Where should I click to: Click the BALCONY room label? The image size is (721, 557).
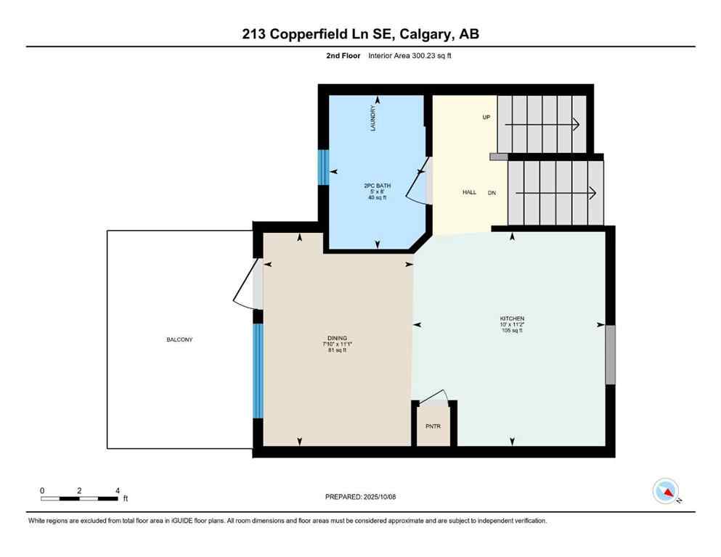coord(179,339)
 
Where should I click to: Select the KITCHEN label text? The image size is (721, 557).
coord(511,319)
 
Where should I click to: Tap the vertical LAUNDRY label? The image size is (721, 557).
coord(373,119)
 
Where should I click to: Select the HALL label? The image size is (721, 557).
coord(469,192)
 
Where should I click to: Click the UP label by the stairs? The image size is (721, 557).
coord(486,117)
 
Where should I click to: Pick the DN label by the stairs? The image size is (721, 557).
coord(492,192)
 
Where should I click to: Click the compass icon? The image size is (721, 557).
coord(666,491)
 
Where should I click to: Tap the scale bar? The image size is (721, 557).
coord(79,498)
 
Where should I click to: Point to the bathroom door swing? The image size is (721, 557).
coord(418,186)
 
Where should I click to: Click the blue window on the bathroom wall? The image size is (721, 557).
coord(324,168)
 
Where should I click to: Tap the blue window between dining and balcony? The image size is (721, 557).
coord(257,371)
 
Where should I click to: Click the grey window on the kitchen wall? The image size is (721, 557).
coord(610,355)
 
